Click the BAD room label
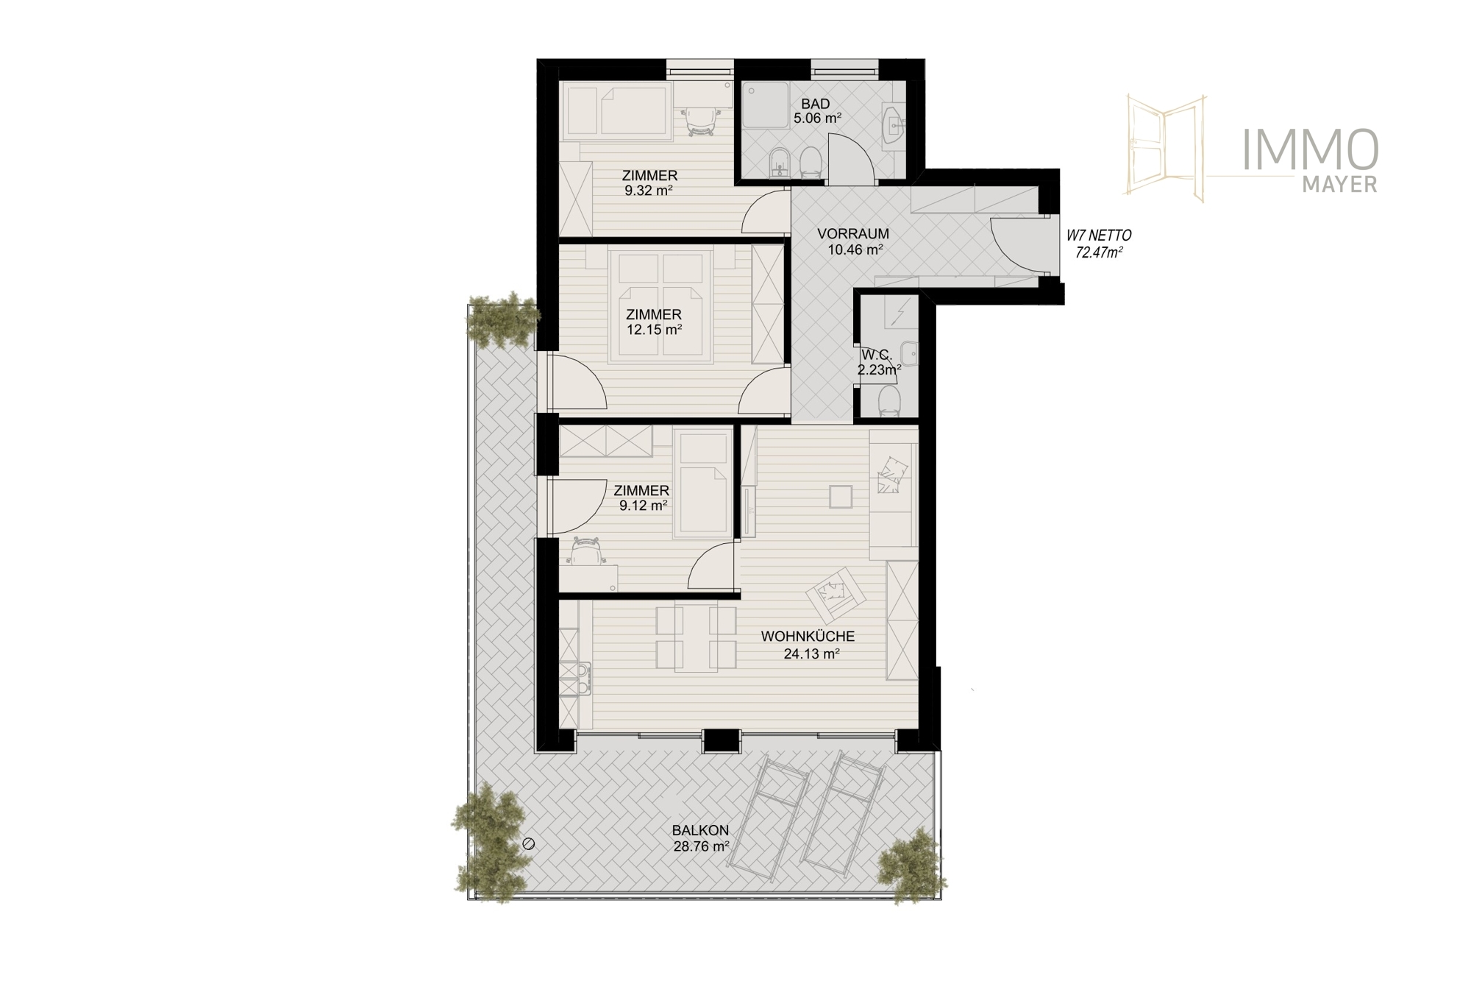click(816, 105)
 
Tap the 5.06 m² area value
click(817, 118)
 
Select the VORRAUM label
click(853, 234)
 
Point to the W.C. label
click(876, 356)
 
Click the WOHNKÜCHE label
click(808, 637)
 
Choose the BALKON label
click(700, 831)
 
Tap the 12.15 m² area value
click(654, 330)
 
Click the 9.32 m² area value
click(649, 190)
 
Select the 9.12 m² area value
click(643, 505)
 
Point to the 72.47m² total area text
click(1100, 253)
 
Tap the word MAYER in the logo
click(1340, 185)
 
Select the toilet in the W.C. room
click(890, 402)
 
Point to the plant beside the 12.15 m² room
click(503, 321)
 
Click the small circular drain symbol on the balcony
click(527, 844)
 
